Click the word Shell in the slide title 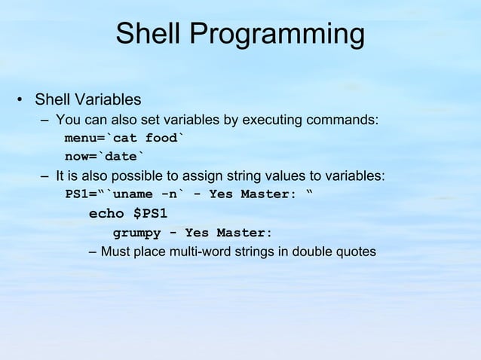click(x=149, y=34)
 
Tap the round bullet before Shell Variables click(x=20, y=100)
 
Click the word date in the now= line click(x=121, y=157)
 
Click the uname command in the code click(x=124, y=194)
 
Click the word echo click(x=106, y=214)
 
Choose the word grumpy click(x=136, y=233)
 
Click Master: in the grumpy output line click(x=244, y=233)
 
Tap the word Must click(x=117, y=252)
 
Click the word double click(x=311, y=252)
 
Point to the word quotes click(x=355, y=252)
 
